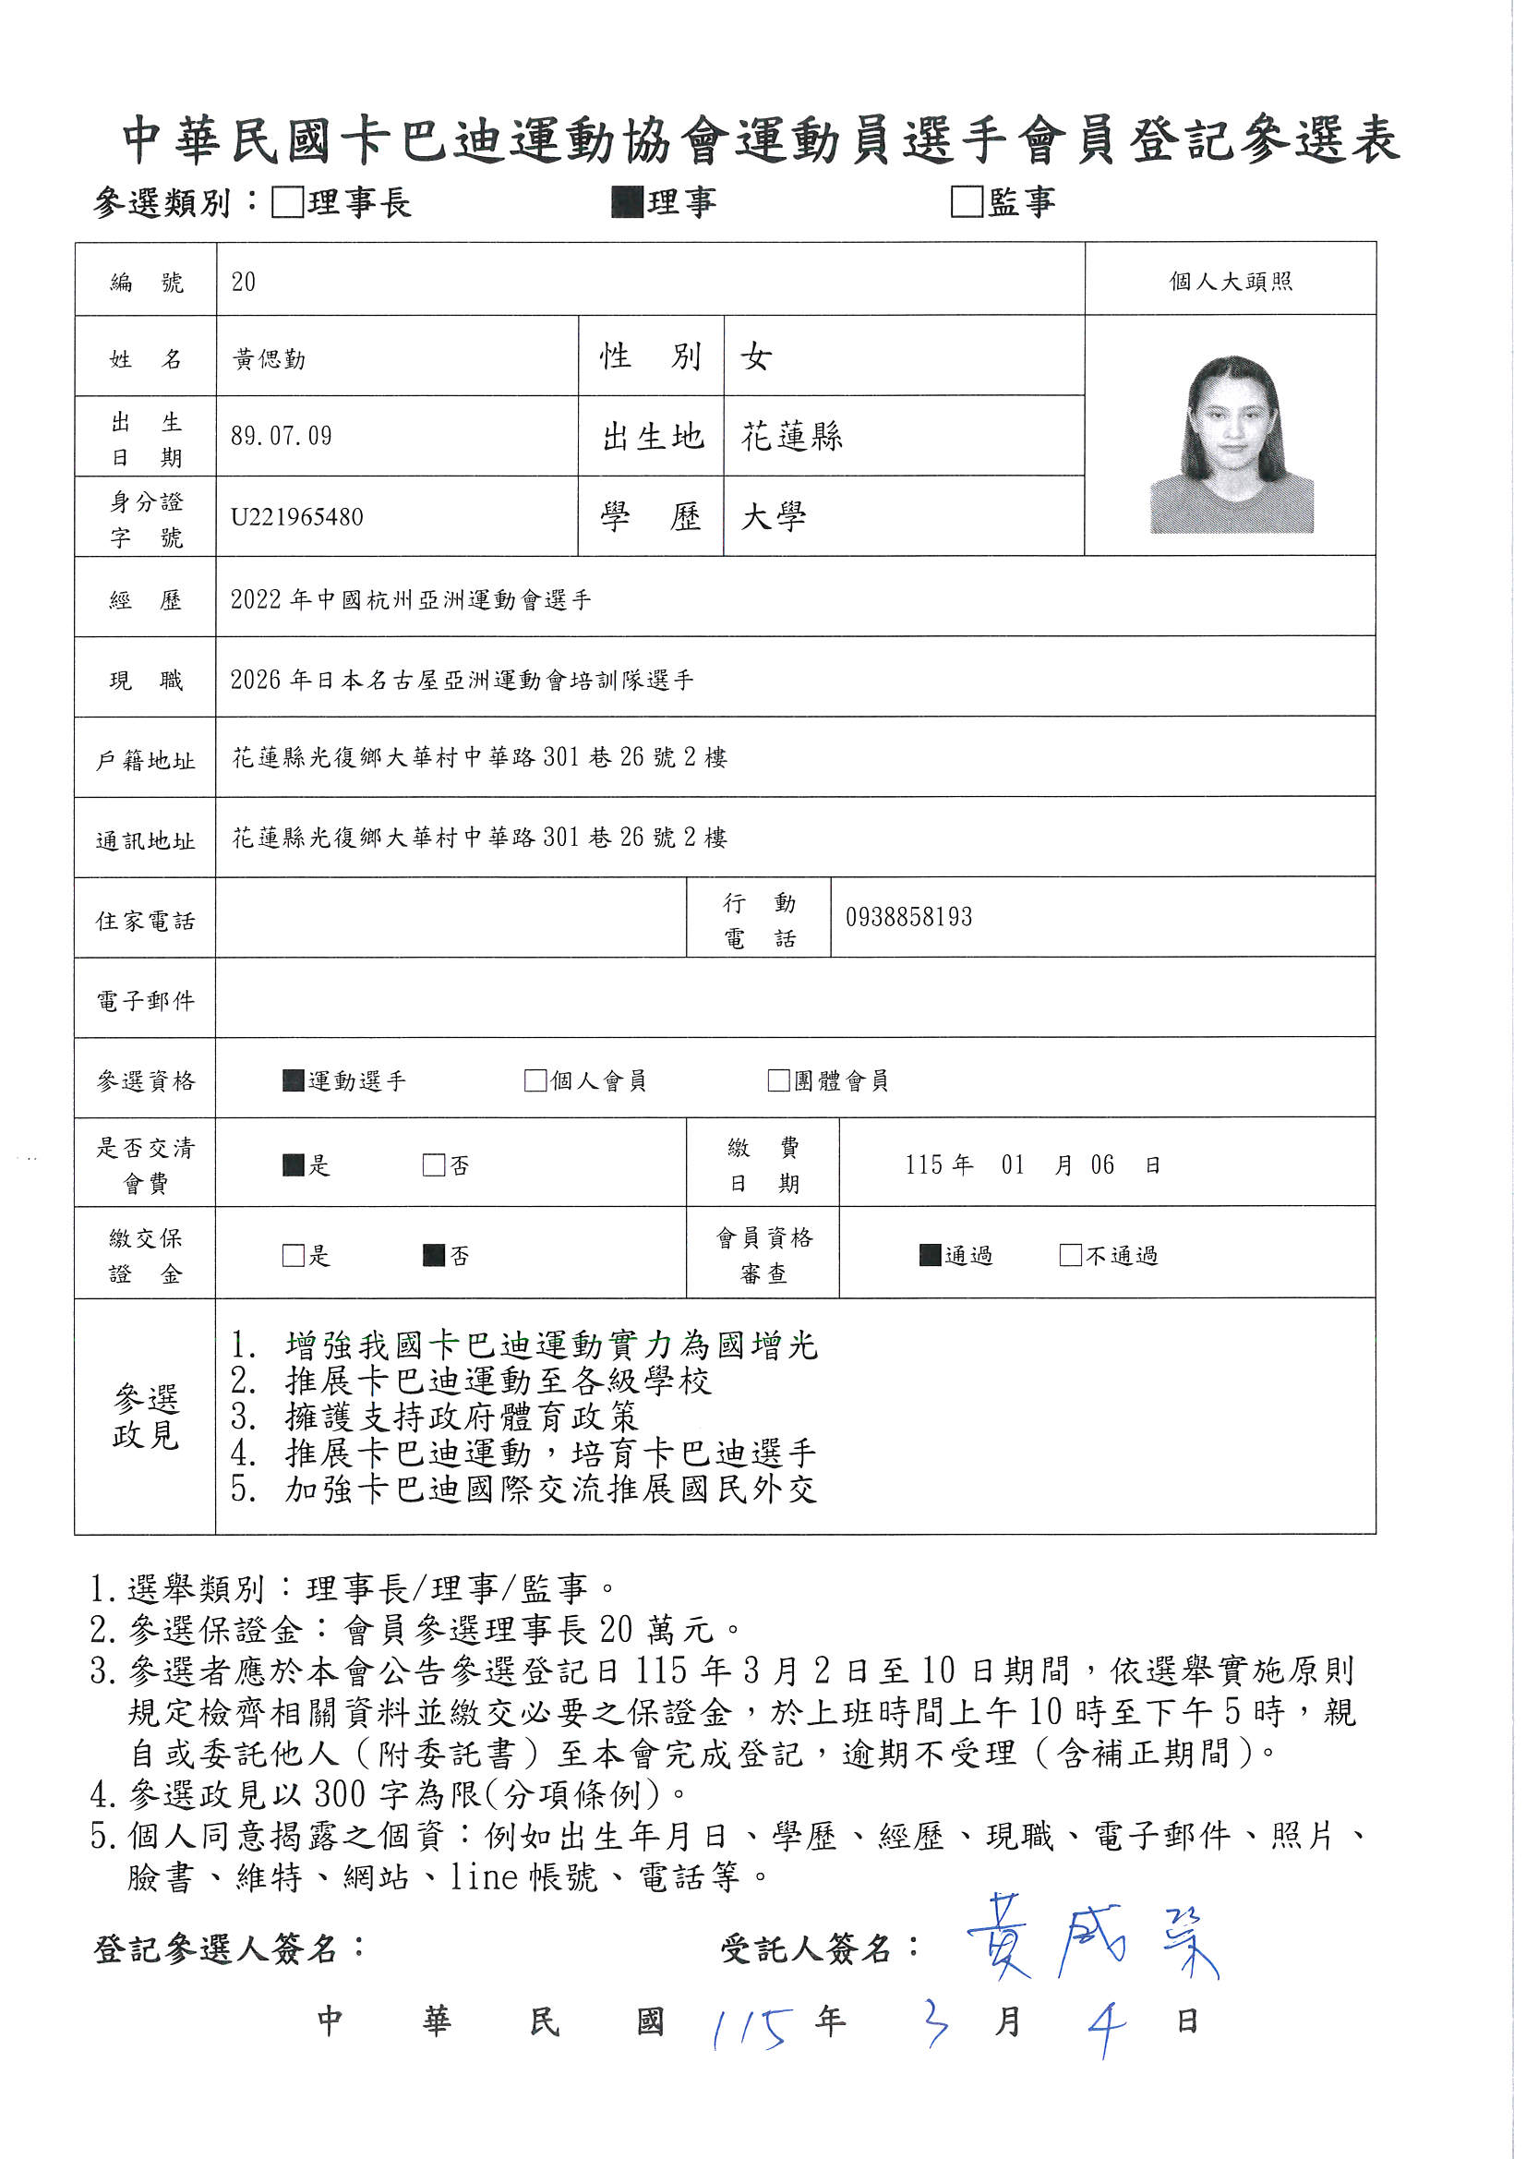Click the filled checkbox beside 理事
(x=626, y=202)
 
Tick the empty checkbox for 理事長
(x=287, y=202)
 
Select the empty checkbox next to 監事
(x=967, y=202)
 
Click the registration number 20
(x=243, y=282)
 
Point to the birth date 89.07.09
(x=282, y=436)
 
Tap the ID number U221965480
(x=297, y=517)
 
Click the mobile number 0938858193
(x=908, y=918)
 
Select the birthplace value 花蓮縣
(x=792, y=436)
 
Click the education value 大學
(x=773, y=517)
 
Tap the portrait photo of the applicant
(x=1231, y=445)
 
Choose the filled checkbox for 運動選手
(x=294, y=1080)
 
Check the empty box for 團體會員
(x=778, y=1080)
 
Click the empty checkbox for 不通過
(x=1070, y=1255)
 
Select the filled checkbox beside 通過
(x=930, y=1255)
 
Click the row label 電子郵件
(x=146, y=1000)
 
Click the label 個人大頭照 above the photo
(x=1230, y=281)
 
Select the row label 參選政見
(x=146, y=1417)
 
